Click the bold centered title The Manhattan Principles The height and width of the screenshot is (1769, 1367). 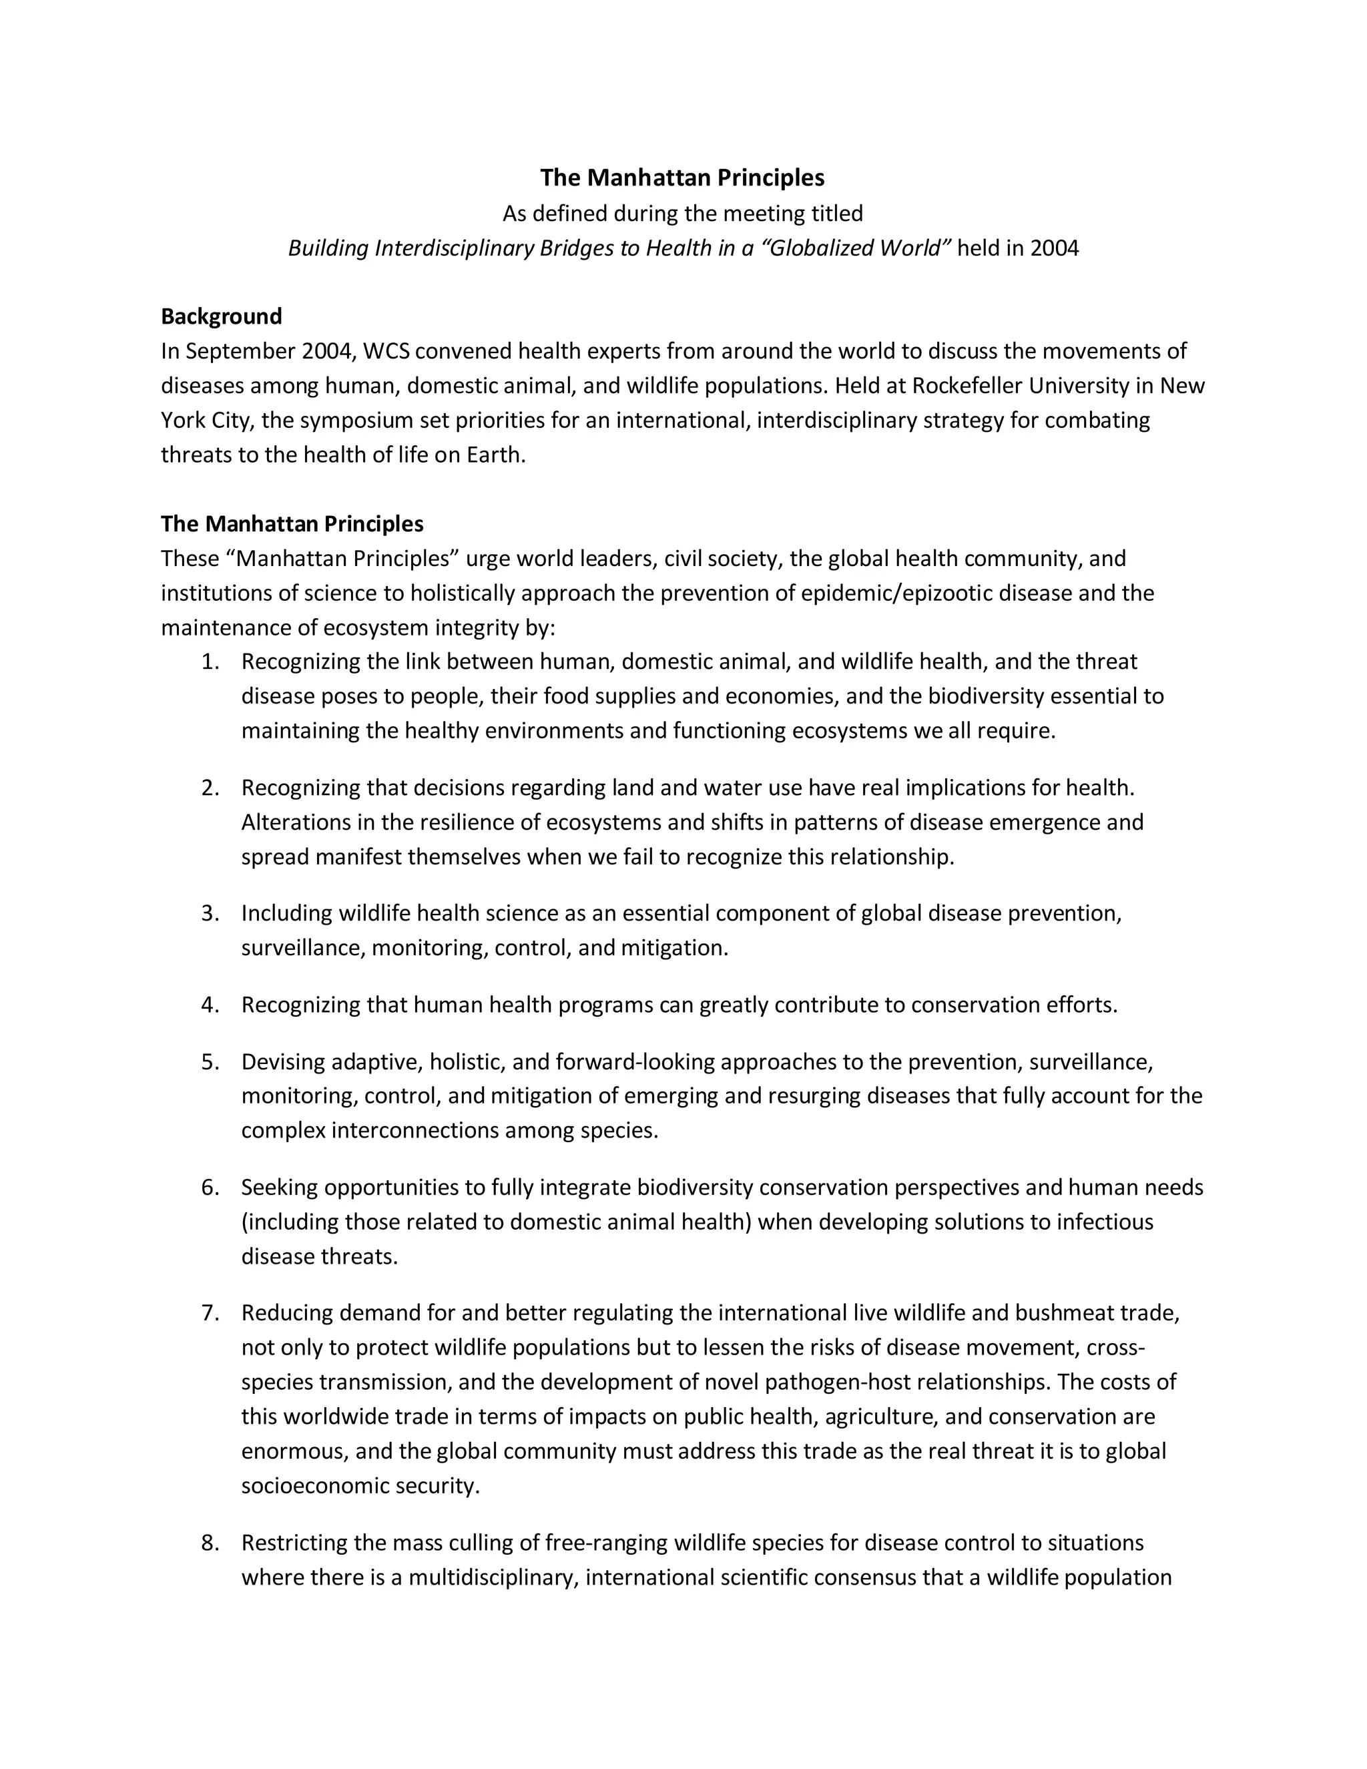click(x=682, y=178)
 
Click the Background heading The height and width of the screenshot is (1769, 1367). click(x=221, y=316)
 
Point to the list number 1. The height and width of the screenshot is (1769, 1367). click(x=210, y=662)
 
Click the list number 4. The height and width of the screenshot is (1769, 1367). click(x=210, y=1005)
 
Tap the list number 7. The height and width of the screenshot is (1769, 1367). click(x=210, y=1312)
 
